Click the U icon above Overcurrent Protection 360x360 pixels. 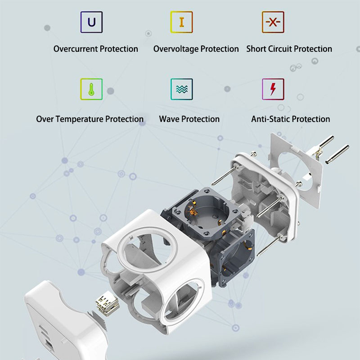[91, 22]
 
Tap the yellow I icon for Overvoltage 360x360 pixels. [181, 22]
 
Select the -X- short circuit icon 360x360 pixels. [273, 22]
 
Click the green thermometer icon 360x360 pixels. [91, 89]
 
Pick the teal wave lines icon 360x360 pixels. [182, 89]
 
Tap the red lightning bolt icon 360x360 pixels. [273, 89]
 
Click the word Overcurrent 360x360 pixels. [76, 49]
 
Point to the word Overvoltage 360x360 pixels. [176, 49]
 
